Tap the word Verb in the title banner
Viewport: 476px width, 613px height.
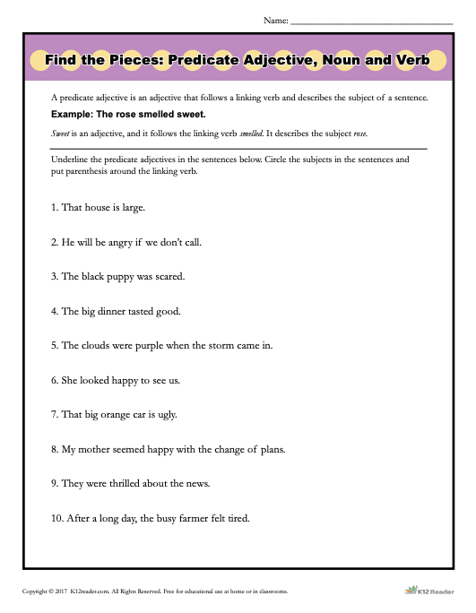click(x=411, y=61)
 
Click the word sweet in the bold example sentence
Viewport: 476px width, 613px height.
click(x=189, y=115)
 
